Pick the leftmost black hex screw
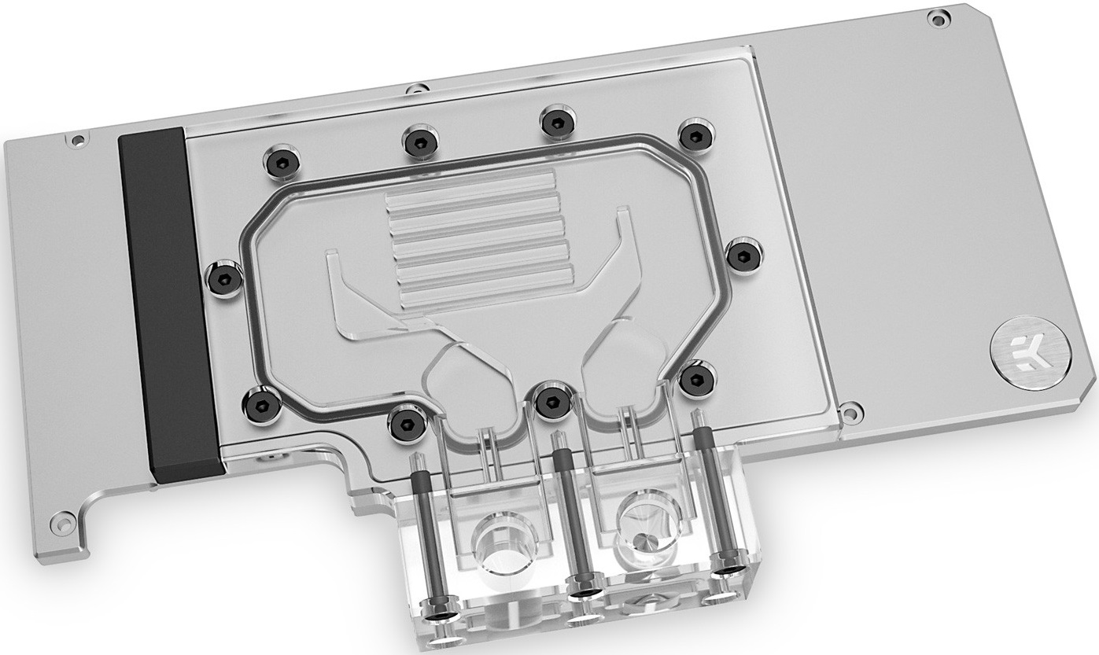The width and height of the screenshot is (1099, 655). click(x=224, y=275)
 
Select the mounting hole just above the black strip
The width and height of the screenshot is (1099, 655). click(x=76, y=142)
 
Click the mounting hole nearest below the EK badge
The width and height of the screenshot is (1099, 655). click(x=849, y=410)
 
